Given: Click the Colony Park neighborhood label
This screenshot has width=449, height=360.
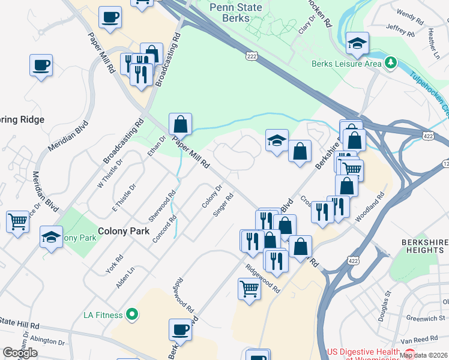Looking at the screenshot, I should click(x=123, y=230).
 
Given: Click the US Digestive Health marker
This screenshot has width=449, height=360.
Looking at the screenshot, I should click(x=411, y=352).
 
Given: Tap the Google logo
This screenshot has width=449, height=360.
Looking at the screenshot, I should click(x=20, y=353).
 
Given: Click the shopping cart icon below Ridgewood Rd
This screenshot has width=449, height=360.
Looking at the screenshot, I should click(x=249, y=288).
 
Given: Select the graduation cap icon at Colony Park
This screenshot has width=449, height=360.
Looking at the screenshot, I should click(x=52, y=237).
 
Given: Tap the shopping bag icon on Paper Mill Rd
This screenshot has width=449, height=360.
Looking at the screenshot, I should click(x=180, y=124).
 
